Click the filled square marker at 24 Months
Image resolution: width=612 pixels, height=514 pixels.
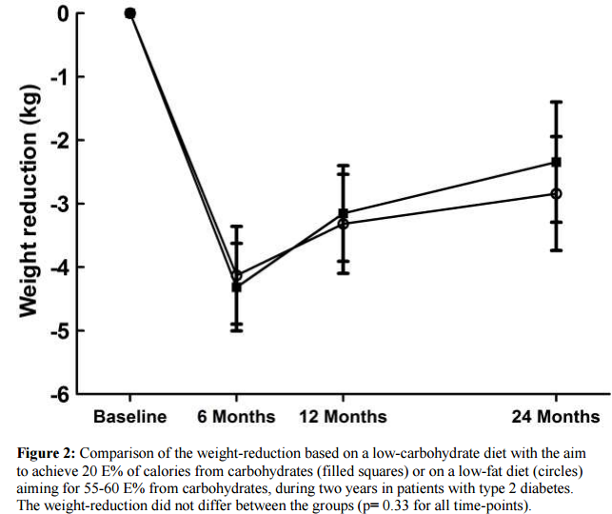pos(556,162)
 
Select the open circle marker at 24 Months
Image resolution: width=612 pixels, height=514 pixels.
pos(556,193)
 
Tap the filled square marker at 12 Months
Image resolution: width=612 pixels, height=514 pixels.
pos(343,213)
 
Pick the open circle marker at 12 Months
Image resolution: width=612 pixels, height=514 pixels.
pos(343,223)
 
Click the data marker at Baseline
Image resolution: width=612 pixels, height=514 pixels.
pos(130,13)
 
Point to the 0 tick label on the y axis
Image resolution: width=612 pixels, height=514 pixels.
pos(62,13)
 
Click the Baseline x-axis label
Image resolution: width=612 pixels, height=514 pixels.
pos(130,417)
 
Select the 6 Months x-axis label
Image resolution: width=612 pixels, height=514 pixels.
pos(237,417)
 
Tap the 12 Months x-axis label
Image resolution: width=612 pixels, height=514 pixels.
pos(343,417)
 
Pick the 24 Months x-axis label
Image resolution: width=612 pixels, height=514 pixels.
pos(556,417)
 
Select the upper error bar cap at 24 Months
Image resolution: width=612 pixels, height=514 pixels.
pos(556,102)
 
